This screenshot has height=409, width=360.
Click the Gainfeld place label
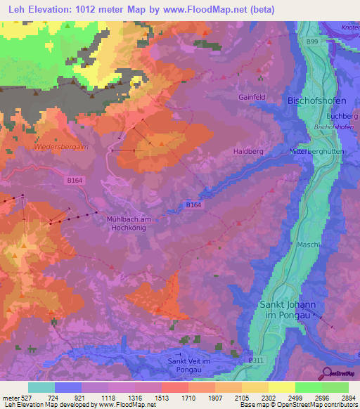(x=252, y=98)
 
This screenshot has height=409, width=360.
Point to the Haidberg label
(x=247, y=151)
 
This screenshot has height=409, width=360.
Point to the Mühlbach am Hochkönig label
(x=134, y=224)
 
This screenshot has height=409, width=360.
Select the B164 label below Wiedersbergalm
(x=75, y=181)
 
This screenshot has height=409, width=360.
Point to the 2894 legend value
(x=339, y=398)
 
